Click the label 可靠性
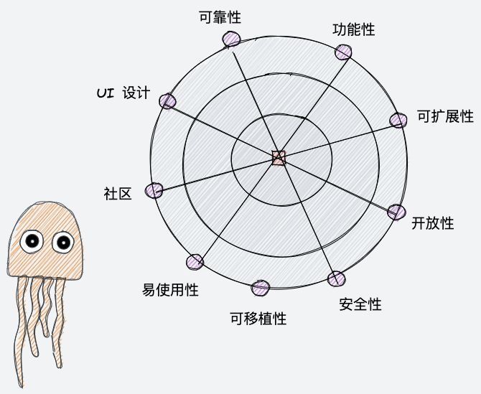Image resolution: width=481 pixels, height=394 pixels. click(219, 17)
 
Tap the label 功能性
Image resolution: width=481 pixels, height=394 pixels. click(354, 29)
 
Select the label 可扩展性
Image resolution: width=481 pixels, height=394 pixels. click(446, 116)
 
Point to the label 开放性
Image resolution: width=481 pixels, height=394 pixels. click(433, 222)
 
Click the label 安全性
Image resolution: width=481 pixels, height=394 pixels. click(360, 304)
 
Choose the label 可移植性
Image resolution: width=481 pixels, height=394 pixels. click(258, 318)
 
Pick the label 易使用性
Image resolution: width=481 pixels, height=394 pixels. click(170, 290)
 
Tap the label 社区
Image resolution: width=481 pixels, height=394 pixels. click(118, 193)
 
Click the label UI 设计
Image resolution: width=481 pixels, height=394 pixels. click(123, 93)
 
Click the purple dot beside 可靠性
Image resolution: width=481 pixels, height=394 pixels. click(231, 39)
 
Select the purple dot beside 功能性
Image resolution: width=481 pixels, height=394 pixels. click(344, 52)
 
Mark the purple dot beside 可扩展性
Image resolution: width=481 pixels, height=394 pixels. click(398, 120)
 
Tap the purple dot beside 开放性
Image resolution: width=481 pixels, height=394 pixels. click(396, 212)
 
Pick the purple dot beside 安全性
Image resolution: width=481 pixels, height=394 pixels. click(335, 279)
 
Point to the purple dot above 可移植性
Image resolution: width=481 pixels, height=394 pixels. click(260, 289)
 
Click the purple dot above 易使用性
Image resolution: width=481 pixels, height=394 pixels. click(195, 263)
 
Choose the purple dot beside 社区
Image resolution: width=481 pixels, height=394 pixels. click(154, 190)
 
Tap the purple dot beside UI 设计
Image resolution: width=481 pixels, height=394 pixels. click(167, 101)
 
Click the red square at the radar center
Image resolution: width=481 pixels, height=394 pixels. click(279, 158)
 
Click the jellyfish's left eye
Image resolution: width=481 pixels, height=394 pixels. click(32, 242)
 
